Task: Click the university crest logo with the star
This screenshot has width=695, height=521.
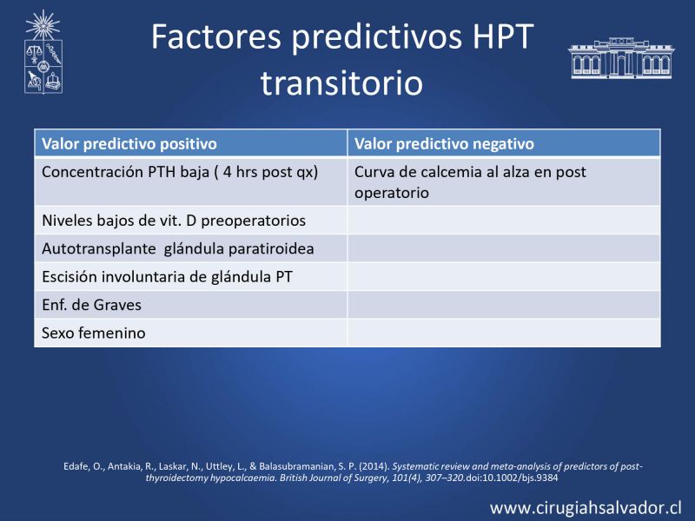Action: point(43,51)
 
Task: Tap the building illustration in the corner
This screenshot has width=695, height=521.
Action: point(621,58)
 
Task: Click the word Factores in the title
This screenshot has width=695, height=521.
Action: point(216,36)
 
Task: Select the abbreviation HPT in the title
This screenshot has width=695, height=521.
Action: point(503,36)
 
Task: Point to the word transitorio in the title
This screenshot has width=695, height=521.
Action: point(341,82)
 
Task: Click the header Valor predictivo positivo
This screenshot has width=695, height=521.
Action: point(129,143)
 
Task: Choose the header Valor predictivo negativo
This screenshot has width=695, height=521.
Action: point(444,143)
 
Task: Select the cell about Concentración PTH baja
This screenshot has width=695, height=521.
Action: point(191,181)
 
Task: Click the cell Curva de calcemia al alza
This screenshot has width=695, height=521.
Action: point(504,181)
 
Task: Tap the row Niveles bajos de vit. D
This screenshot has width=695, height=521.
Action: point(191,221)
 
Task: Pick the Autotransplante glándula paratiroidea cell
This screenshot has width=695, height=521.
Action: point(191,248)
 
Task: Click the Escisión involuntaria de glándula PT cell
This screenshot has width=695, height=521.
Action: point(191,276)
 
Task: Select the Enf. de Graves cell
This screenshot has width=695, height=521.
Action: point(191,305)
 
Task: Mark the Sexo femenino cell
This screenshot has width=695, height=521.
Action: point(191,333)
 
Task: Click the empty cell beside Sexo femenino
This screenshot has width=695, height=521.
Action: point(504,333)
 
